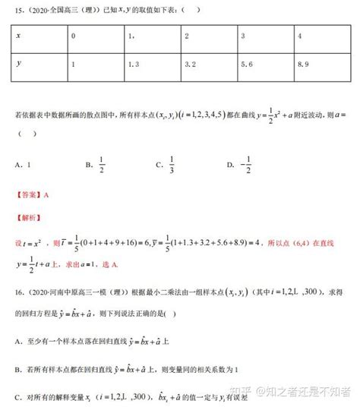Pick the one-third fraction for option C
(172, 163)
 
